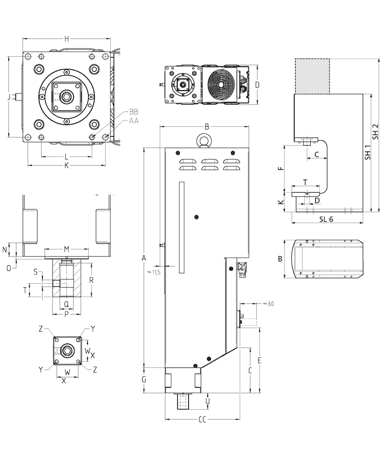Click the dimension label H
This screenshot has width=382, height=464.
[x=67, y=39]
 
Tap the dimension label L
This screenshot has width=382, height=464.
[x=66, y=157]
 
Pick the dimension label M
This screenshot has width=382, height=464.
[x=67, y=249]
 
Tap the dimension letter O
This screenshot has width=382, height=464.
[x=9, y=268]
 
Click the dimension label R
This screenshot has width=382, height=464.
[x=91, y=280]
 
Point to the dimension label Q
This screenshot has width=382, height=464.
[x=66, y=303]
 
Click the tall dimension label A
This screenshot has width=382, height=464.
[x=144, y=258]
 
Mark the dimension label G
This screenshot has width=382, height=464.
[x=144, y=380]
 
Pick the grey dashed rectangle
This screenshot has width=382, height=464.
[x=312, y=76]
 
